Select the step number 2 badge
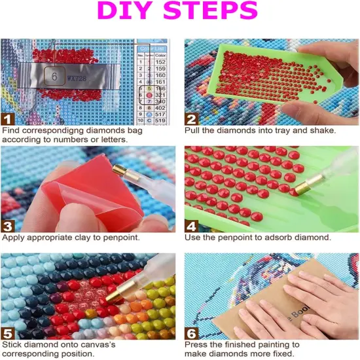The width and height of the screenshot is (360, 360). click(192, 118)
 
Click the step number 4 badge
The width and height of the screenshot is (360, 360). click(192, 225)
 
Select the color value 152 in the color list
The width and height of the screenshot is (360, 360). click(160, 63)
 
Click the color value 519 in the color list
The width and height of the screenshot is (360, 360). click(160, 121)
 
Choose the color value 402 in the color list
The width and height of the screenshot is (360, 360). click(160, 107)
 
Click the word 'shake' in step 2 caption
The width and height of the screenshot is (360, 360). click(321, 130)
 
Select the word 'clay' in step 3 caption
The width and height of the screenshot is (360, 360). click(88, 237)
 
